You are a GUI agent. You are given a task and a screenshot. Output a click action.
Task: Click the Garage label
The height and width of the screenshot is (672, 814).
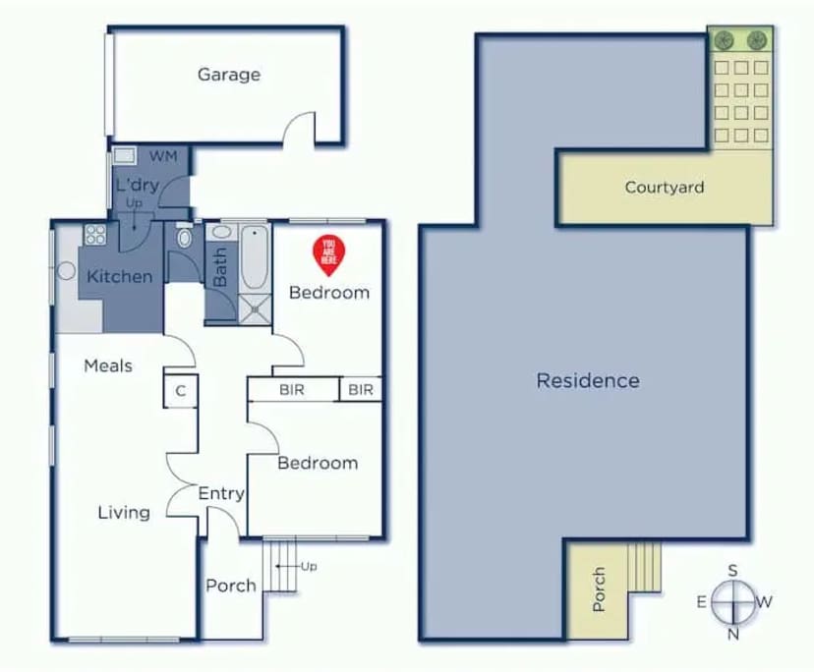pos(229,75)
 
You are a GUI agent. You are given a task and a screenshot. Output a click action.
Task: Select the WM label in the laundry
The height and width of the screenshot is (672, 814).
pos(163,157)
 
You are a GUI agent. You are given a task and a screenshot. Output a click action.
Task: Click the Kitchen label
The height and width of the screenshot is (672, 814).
pos(120,277)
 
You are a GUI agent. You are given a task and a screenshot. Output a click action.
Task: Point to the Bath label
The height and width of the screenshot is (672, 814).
pos(220,267)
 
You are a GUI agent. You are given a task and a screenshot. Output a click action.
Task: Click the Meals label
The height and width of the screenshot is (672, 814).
pos(108,366)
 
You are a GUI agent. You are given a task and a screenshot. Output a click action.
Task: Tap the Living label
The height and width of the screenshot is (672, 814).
pos(124,512)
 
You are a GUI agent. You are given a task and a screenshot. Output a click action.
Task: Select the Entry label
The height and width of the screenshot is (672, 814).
pos(221,493)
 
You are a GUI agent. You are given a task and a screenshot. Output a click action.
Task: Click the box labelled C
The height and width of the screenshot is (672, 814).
pos(181,390)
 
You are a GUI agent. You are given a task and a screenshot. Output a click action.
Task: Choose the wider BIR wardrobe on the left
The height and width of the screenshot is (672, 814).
pos(292,390)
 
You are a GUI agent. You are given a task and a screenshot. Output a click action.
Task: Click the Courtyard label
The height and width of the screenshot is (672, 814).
pos(665,188)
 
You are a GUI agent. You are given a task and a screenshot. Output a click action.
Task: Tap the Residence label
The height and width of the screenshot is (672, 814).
pos(588,380)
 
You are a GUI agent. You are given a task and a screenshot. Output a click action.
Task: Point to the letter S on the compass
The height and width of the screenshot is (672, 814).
pos(732,571)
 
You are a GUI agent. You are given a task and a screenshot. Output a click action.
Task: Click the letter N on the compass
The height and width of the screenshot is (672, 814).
pos(732,634)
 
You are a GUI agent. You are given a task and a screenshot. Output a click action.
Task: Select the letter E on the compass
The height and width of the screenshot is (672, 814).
pos(702,602)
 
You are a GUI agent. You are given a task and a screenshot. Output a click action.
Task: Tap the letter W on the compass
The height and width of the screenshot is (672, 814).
pos(765,602)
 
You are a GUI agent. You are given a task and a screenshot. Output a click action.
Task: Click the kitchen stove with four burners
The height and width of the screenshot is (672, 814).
pos(96,234)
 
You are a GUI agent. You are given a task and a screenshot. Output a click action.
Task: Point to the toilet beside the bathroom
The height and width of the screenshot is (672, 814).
pos(183,238)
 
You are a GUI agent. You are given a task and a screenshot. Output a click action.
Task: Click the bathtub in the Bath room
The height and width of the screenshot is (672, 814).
pos(254,257)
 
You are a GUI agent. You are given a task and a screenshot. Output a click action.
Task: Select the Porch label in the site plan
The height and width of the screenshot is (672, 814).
pos(600,589)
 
